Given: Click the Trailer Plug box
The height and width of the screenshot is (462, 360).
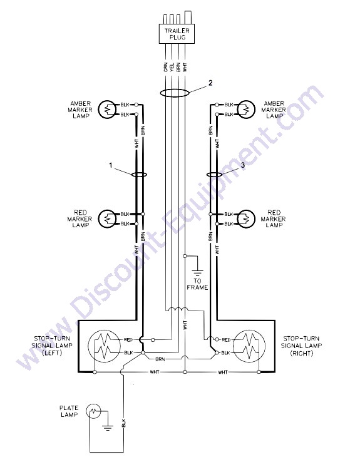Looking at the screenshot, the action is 177,34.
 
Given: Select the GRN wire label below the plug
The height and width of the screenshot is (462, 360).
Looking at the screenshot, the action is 165,67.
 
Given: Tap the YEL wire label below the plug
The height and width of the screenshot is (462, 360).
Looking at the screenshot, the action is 172,67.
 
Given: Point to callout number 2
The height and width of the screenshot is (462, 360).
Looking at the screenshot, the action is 210,83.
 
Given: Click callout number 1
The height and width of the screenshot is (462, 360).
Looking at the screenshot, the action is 111,165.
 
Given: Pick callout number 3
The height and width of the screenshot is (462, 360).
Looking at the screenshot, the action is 242,165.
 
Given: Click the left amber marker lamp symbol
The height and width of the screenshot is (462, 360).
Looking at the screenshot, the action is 106,110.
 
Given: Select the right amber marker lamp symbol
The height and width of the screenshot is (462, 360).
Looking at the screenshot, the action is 246,110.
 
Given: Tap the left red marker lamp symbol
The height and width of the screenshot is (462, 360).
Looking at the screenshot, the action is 106,218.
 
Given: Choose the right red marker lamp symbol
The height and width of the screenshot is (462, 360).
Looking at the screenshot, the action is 246,218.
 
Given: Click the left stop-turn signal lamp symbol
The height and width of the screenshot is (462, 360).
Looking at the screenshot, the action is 105,346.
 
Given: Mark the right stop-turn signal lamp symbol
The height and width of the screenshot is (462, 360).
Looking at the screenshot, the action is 249,346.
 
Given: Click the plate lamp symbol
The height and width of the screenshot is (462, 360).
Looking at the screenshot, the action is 93,411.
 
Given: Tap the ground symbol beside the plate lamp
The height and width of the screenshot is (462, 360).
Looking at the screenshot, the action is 108,428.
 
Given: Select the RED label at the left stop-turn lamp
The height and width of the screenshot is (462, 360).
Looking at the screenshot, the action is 128,340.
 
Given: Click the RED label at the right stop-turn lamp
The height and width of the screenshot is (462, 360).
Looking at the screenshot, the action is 225,340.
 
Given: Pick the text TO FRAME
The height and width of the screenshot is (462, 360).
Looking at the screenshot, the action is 197,284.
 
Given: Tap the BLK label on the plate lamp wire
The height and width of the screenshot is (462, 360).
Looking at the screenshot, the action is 123,423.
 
